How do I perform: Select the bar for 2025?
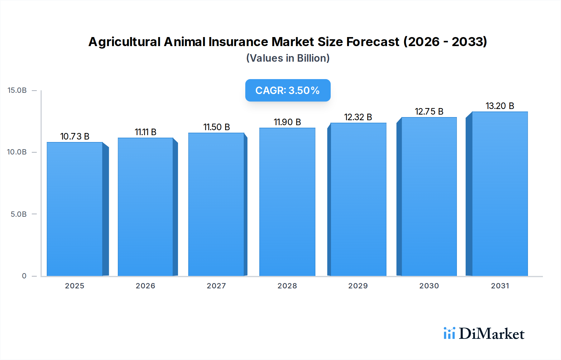click(75, 209)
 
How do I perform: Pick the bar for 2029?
click(358, 199)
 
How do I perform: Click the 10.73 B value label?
click(75, 136)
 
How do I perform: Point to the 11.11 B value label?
click(146, 132)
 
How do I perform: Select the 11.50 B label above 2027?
click(217, 127)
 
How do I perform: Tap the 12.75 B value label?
click(429, 111)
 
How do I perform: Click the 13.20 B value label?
click(500, 106)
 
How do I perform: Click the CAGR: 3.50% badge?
click(288, 90)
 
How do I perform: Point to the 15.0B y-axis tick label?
click(17, 90)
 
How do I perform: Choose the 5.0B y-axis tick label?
click(19, 214)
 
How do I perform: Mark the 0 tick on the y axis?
click(24, 276)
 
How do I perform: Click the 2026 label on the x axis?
click(146, 286)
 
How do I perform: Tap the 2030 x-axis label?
click(429, 286)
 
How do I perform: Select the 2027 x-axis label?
click(216, 286)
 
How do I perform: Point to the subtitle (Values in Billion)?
click(288, 58)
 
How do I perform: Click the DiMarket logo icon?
click(449, 333)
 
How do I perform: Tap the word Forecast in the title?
click(373, 42)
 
